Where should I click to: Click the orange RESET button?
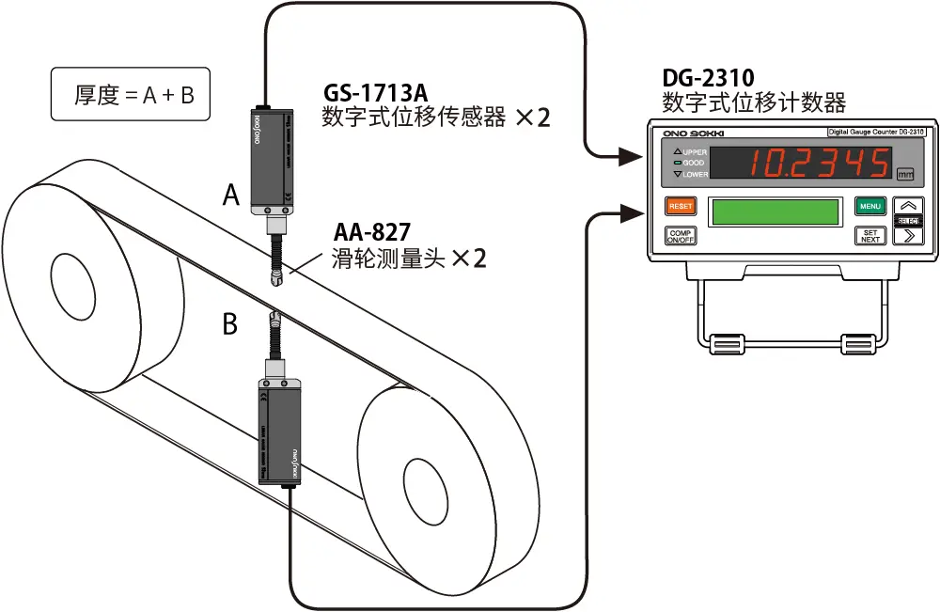click(680, 206)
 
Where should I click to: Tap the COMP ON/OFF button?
click(680, 235)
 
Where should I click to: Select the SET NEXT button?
click(870, 235)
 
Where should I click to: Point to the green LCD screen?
click(775, 212)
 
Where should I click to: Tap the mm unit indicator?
click(905, 174)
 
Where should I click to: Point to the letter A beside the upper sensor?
click(232, 195)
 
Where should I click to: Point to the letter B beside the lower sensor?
click(230, 325)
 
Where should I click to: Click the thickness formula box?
click(131, 95)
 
